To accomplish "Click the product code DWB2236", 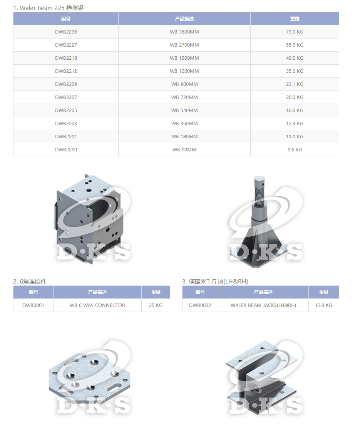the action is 66,32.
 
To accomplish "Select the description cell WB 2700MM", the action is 184,45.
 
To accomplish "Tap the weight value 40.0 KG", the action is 295,58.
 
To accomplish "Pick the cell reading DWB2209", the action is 66,84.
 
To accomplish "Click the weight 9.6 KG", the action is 295,150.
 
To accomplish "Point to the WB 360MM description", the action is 184,123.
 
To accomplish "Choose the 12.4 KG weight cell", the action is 295,123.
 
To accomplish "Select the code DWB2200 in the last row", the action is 66,150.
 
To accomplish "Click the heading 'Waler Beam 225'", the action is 42,8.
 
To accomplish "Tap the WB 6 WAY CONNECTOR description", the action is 97,305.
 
